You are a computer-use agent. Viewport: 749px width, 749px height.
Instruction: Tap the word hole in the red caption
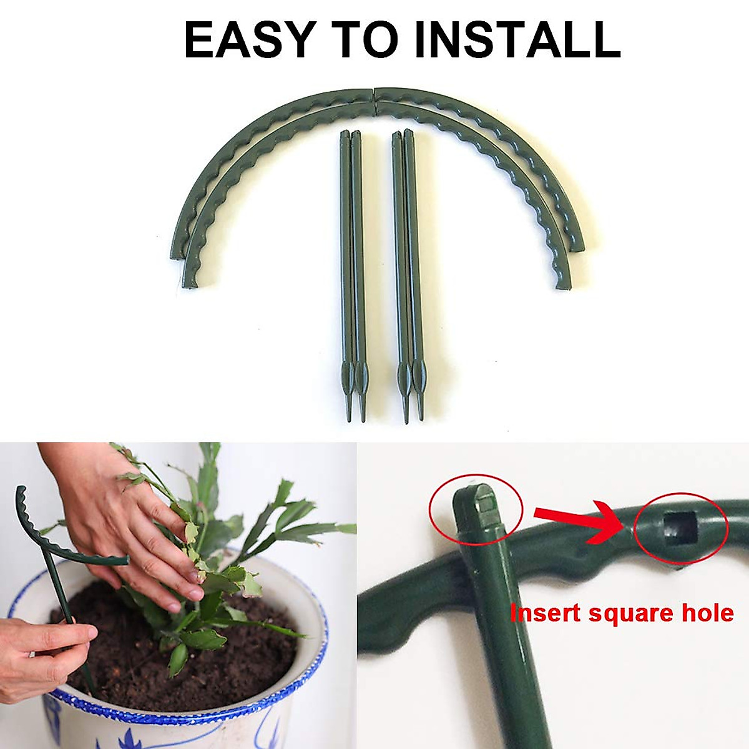708,613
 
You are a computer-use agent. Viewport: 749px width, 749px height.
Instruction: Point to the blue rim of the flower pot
187,717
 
